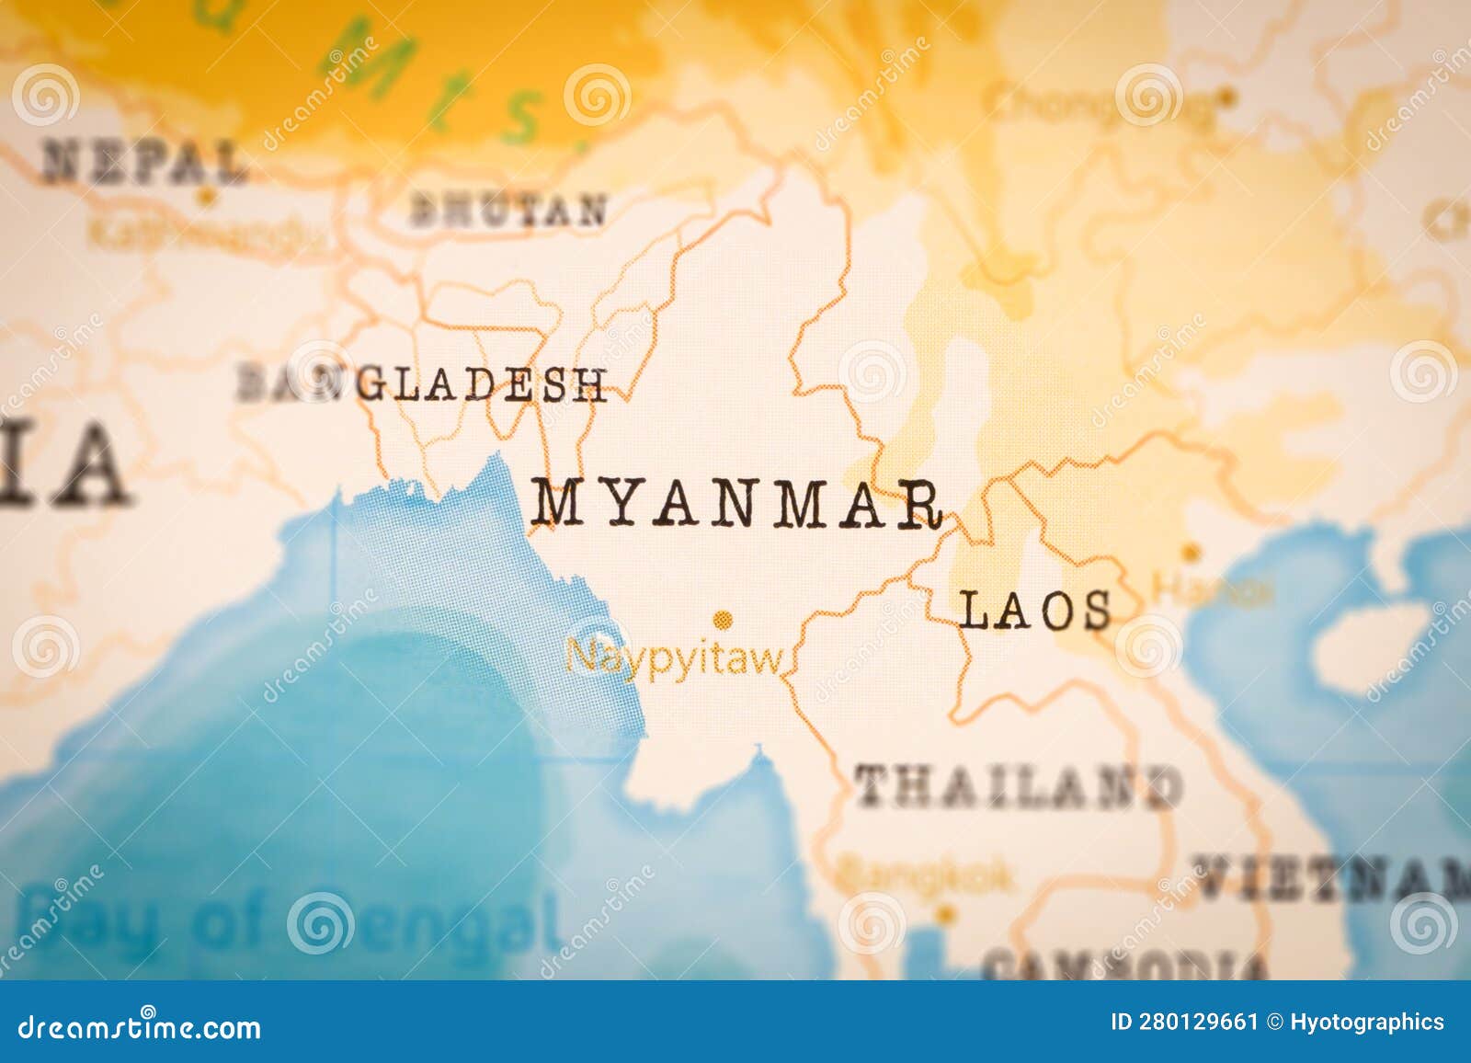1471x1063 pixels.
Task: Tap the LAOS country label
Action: (1034, 611)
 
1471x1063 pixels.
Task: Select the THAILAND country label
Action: (1018, 787)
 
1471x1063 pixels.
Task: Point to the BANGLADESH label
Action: (422, 383)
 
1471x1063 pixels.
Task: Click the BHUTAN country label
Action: (508, 211)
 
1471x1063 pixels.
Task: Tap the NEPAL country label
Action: (144, 162)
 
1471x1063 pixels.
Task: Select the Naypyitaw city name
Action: (674, 658)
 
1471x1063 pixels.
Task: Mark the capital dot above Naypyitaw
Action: (724, 619)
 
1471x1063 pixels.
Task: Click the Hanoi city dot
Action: (1192, 553)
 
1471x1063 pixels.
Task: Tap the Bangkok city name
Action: (926, 877)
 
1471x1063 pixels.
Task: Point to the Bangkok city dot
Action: (945, 915)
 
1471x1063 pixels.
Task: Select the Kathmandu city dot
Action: (208, 196)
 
